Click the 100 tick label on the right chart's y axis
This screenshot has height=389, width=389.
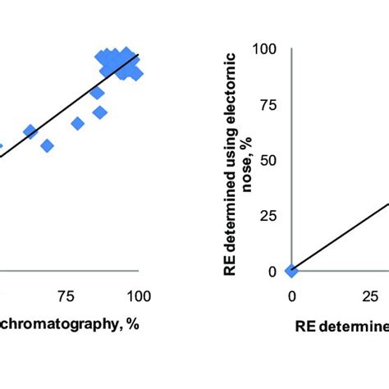point(268,49)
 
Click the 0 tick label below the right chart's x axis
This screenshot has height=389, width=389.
point(291,295)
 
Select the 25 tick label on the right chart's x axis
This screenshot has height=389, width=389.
point(372,295)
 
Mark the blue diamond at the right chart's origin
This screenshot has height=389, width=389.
point(291,271)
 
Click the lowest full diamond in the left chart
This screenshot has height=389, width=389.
point(47,145)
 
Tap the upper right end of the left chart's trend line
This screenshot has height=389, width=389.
point(139,55)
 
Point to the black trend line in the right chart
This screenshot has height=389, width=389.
point(336,238)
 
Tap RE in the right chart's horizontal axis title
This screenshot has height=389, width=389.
point(306,327)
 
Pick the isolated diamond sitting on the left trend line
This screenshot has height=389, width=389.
point(30,131)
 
